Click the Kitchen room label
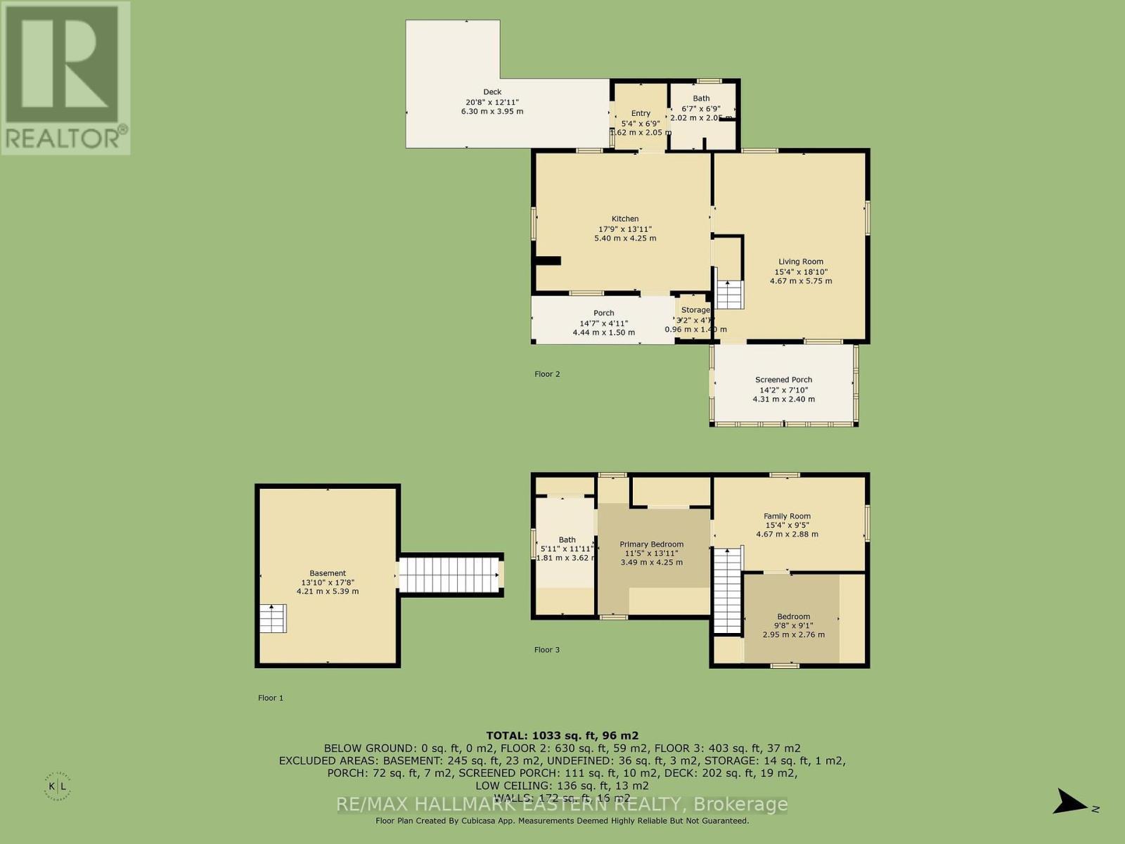coord(625,219)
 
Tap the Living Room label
coord(800,262)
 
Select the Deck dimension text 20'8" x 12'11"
coord(492,102)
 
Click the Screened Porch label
coord(783,380)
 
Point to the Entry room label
coord(641,113)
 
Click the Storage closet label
coord(695,310)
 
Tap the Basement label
coord(328,573)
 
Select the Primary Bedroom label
coord(651,544)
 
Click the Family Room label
coord(787,516)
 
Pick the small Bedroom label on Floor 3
coord(793,617)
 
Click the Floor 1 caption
coord(271,698)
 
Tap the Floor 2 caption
coord(547,374)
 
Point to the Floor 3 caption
coord(547,650)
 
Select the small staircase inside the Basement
coord(273,618)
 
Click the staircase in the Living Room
coord(730,294)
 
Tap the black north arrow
coord(1072,801)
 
